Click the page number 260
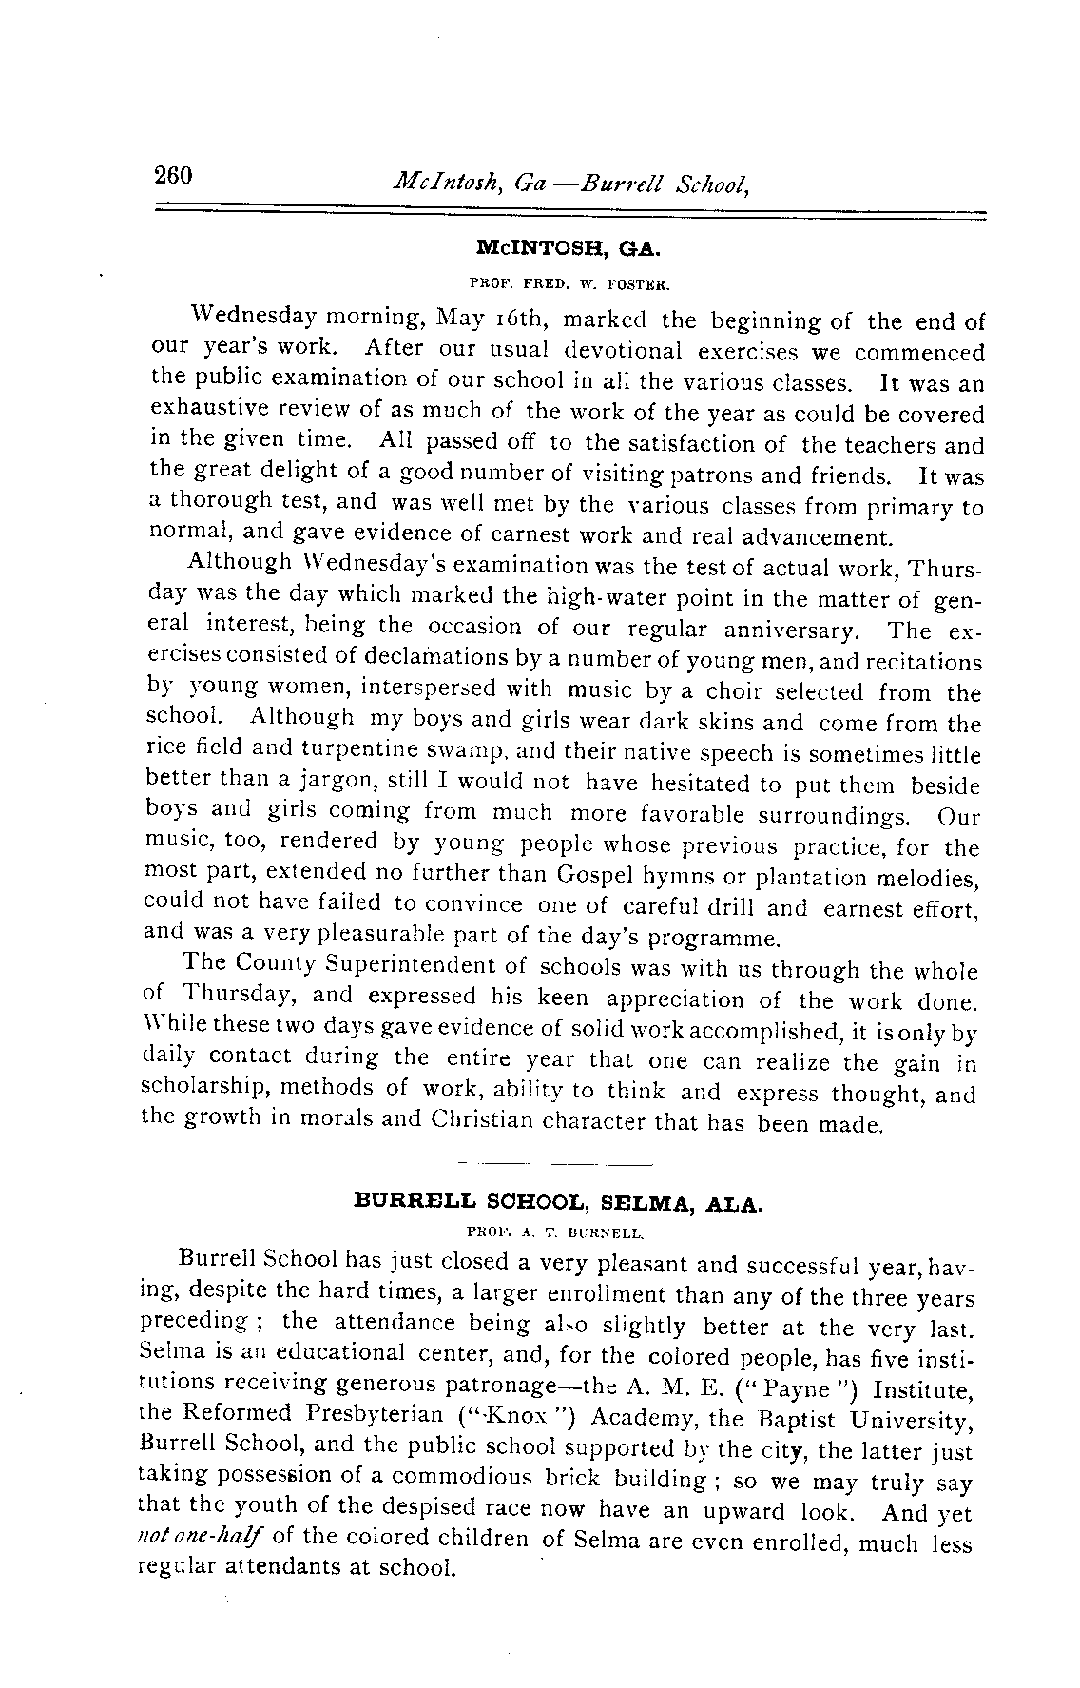pos(173,176)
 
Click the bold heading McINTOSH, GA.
pos(568,250)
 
